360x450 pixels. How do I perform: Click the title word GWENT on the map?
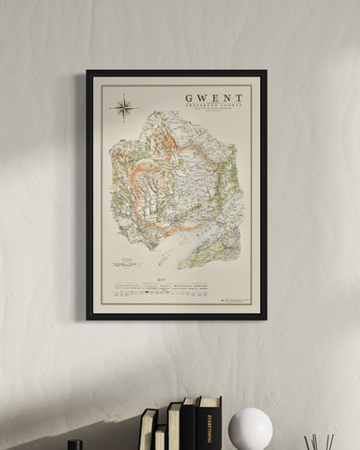[214, 98]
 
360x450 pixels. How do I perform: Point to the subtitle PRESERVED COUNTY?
[214, 107]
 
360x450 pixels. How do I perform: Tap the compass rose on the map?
[123, 109]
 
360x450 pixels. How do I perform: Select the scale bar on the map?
[126, 265]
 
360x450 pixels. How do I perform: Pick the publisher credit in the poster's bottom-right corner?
[233, 300]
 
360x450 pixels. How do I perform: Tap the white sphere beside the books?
[249, 429]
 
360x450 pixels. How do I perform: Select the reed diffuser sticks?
[319, 442]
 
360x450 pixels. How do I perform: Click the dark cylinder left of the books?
[75, 445]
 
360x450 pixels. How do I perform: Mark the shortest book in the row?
[160, 438]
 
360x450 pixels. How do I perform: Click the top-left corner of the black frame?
[88, 72]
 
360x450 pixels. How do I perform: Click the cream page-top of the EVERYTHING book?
[209, 399]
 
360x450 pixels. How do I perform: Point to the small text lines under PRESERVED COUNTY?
[214, 114]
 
